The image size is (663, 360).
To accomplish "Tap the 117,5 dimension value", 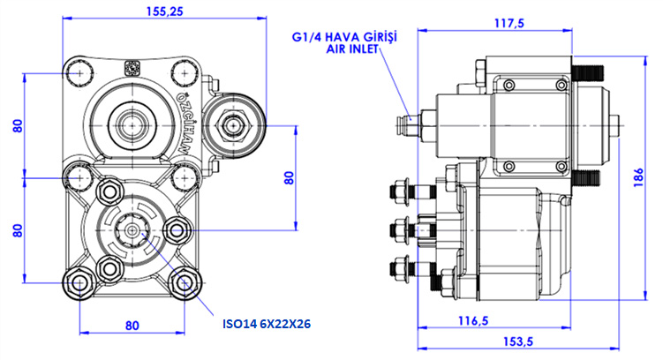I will tap(510, 24).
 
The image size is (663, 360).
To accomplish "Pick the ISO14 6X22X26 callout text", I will tap(267, 323).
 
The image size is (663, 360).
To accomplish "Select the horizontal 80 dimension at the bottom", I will tap(132, 326).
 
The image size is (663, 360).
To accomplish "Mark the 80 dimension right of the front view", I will tap(288, 176).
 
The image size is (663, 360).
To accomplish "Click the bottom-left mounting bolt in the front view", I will tap(80, 283).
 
